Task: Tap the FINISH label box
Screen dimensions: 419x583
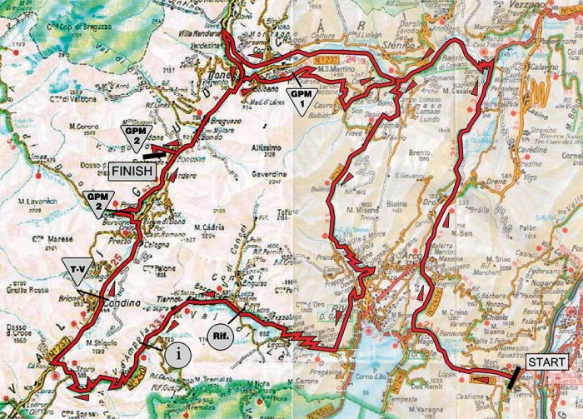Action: [x=132, y=170]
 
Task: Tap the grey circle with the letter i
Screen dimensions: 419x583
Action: [x=177, y=353]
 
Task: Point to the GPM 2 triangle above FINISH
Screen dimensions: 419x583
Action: [x=134, y=138]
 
